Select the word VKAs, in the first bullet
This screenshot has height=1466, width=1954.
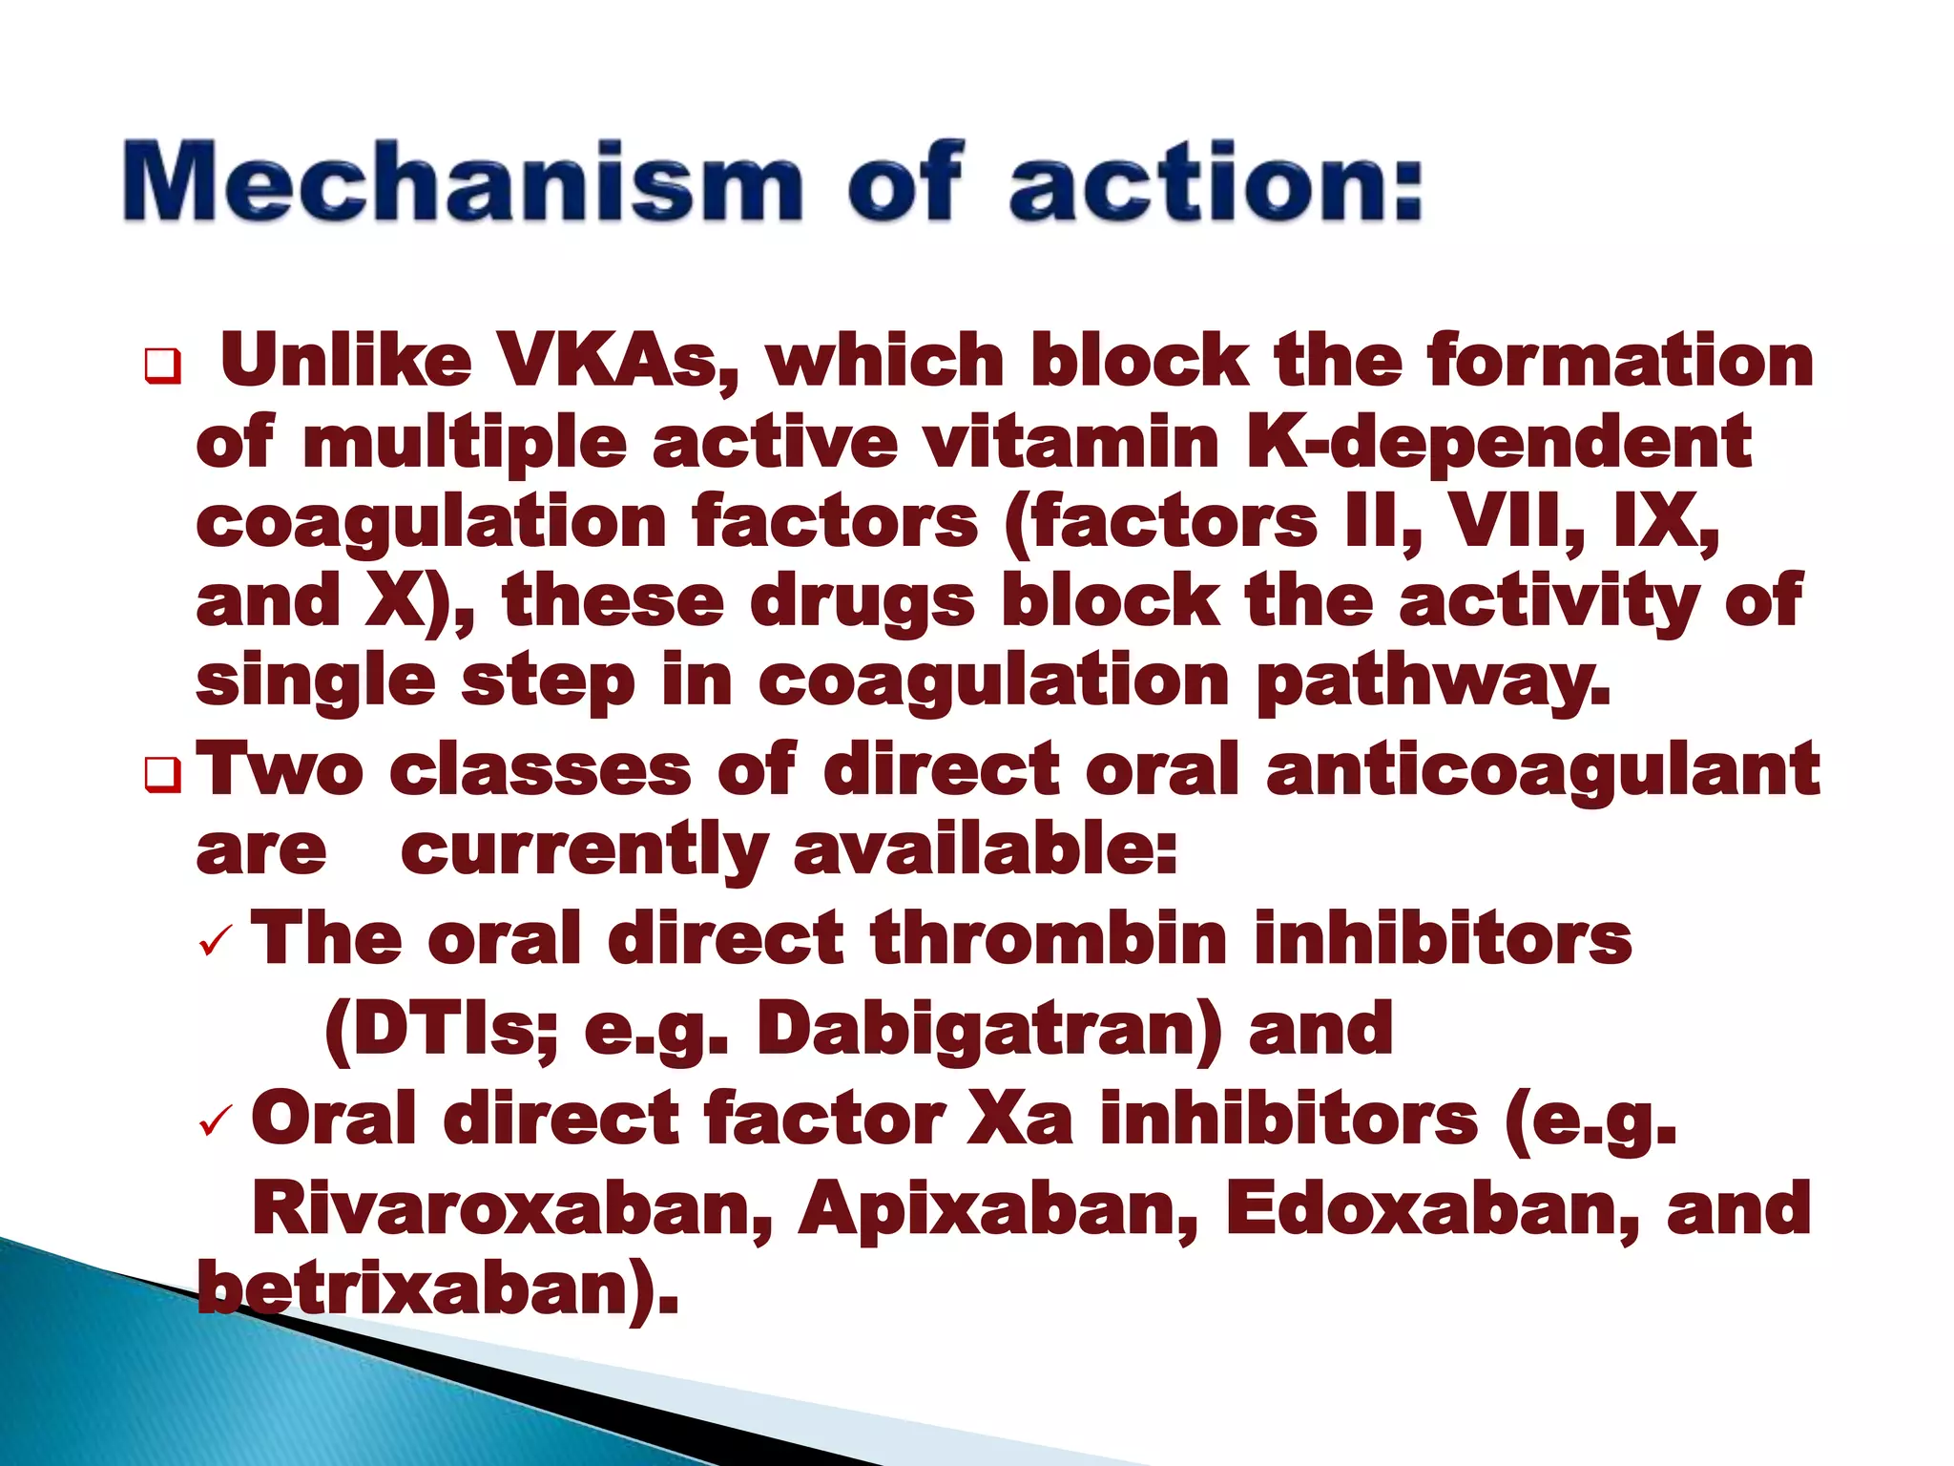click(618, 362)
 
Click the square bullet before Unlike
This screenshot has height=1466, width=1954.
click(161, 366)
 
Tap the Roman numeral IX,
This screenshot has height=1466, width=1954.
click(1666, 522)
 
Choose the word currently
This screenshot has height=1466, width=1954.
click(584, 851)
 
